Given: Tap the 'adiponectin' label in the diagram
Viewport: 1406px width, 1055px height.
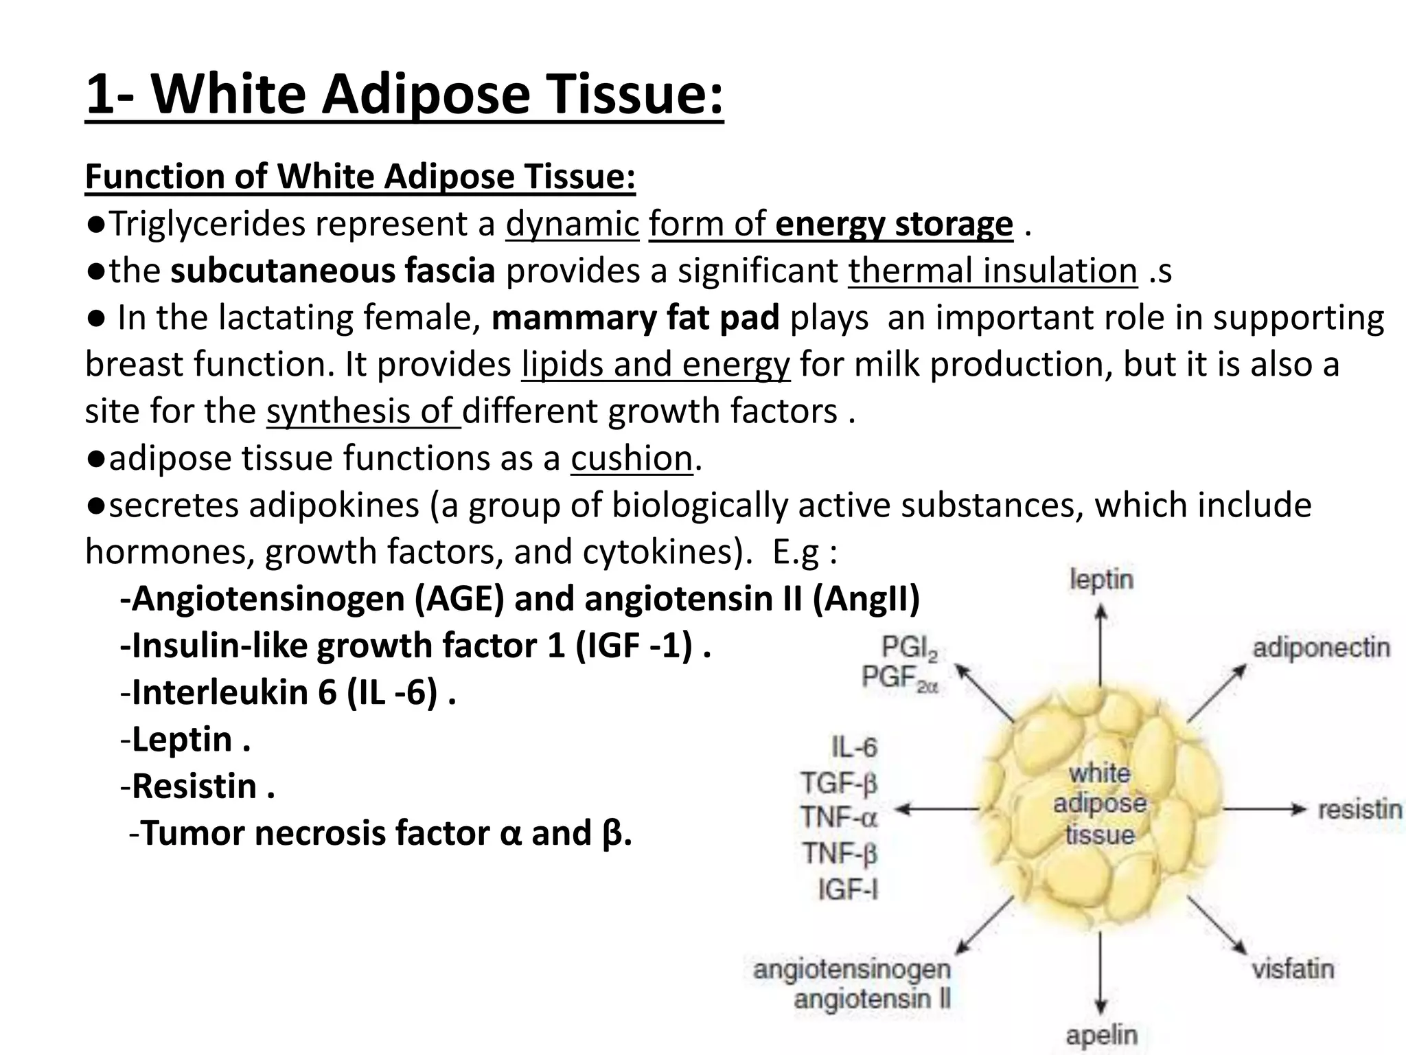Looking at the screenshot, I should point(1321,648).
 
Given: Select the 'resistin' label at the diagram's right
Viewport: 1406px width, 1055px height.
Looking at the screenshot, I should point(1359,809).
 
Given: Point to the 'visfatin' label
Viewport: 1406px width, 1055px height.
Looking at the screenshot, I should point(1292,969).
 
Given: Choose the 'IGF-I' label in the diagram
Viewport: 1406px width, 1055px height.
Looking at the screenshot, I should point(849,890).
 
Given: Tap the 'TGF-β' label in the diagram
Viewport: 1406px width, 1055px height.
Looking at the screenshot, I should point(839,783).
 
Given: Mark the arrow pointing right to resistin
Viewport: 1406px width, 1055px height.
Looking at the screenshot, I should point(1263,809).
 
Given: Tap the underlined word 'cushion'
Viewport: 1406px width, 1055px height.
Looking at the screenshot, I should point(631,459).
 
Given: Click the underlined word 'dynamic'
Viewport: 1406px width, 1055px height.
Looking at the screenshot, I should point(572,224).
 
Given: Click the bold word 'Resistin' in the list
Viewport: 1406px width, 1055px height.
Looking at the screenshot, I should point(194,786).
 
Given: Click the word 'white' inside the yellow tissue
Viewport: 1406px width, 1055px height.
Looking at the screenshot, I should point(1099,774).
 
